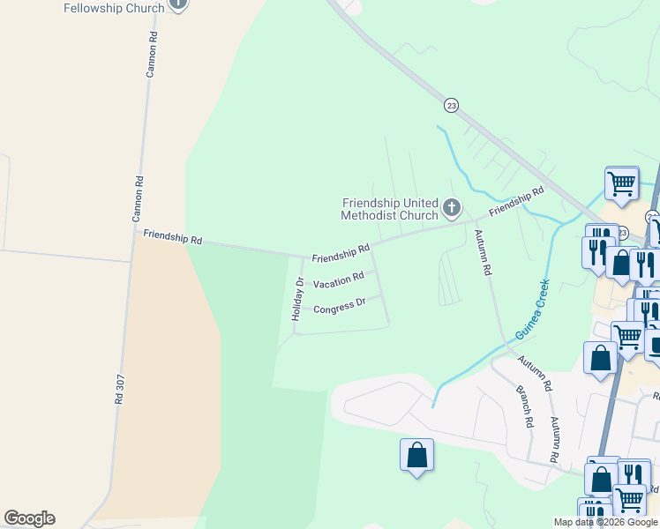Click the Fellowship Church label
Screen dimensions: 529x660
pos(115,8)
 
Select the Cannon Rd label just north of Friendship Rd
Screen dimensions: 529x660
pos(139,198)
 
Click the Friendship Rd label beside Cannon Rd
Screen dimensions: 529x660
pos(173,238)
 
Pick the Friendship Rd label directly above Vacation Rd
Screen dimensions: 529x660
pos(341,254)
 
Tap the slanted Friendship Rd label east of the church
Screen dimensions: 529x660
pos(517,202)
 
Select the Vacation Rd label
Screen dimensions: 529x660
pos(339,279)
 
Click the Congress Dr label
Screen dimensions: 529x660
pos(340,306)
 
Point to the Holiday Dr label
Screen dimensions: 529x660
pos(299,306)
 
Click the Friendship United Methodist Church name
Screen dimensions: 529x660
pos(390,209)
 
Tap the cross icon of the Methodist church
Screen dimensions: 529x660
pos(452,209)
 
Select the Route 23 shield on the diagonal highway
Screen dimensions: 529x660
pos(451,105)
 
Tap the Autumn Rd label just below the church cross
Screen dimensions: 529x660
pos(482,253)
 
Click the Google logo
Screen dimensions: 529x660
pos(29,518)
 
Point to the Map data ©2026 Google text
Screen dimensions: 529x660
pos(606,522)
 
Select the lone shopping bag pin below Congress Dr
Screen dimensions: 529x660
pos(416,456)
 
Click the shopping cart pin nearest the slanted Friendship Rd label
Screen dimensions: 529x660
pos(622,184)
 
